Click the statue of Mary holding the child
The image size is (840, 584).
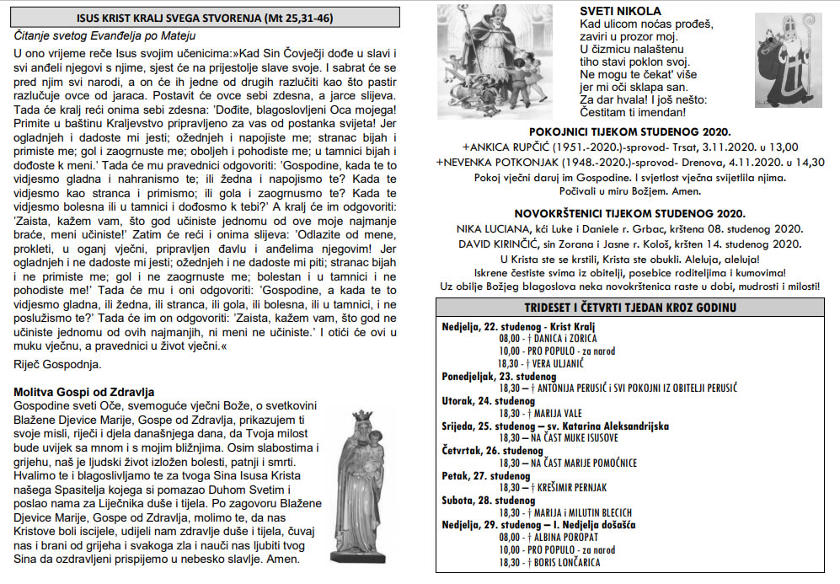coord(362,489)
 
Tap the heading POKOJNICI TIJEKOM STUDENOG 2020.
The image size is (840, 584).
coord(629,131)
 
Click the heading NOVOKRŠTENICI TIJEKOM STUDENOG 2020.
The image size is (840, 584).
coord(629,214)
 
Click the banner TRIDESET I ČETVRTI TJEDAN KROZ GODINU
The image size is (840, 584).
coord(629,307)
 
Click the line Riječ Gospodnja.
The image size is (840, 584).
coord(57,365)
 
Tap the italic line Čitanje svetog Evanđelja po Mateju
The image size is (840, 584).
coord(105,36)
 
